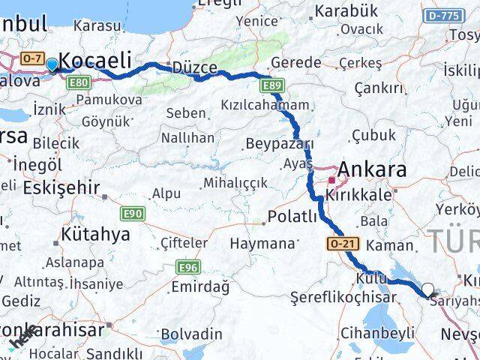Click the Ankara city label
(372, 169)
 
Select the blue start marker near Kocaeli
(52, 64)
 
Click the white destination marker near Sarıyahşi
(427, 289)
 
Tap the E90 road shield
(133, 214)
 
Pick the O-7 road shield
(32, 58)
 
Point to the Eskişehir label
(61, 187)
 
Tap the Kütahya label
(94, 234)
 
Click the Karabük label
(346, 11)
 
